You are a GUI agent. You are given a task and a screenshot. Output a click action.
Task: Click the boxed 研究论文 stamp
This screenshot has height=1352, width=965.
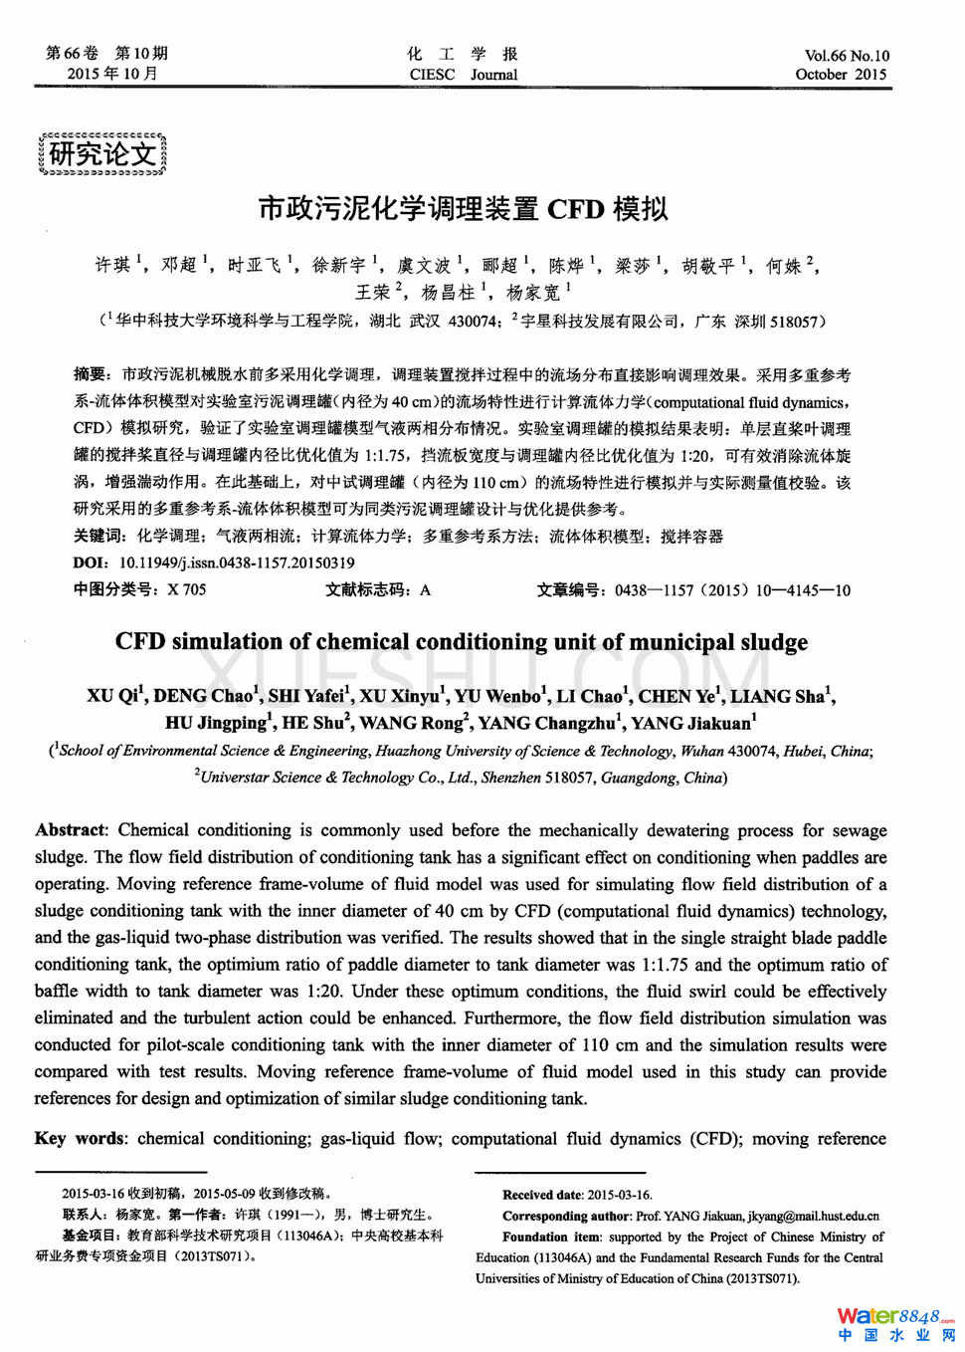pos(102,154)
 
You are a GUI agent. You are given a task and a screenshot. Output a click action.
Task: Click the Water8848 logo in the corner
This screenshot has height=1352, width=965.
pos(895,1323)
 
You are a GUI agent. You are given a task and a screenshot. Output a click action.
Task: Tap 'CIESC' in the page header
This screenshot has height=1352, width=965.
pos(432,75)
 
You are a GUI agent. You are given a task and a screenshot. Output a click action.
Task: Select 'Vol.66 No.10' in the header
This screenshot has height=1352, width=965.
pos(847,56)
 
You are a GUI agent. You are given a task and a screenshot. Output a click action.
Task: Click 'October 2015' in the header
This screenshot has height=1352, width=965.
pos(841,75)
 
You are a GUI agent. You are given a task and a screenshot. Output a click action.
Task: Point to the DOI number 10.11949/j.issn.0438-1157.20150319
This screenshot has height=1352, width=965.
pos(237,563)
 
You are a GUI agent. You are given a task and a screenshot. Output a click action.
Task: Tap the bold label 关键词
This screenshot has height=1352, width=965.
pos(96,536)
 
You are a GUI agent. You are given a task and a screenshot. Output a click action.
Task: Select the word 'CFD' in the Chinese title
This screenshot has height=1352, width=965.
pos(575,209)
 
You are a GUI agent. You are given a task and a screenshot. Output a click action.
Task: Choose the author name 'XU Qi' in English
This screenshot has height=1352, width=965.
pos(112,696)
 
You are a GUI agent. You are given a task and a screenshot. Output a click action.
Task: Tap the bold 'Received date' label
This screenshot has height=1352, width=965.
pos(542,1195)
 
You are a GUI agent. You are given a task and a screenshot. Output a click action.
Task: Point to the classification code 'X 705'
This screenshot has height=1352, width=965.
pos(187,589)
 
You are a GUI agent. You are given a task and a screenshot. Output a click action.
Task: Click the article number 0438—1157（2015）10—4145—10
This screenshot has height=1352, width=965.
pos(732,589)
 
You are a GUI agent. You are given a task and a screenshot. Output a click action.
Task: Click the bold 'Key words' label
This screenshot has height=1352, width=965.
pos(80,1139)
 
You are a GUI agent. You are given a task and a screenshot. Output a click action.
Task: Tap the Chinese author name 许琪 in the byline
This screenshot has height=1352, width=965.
pos(112,265)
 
